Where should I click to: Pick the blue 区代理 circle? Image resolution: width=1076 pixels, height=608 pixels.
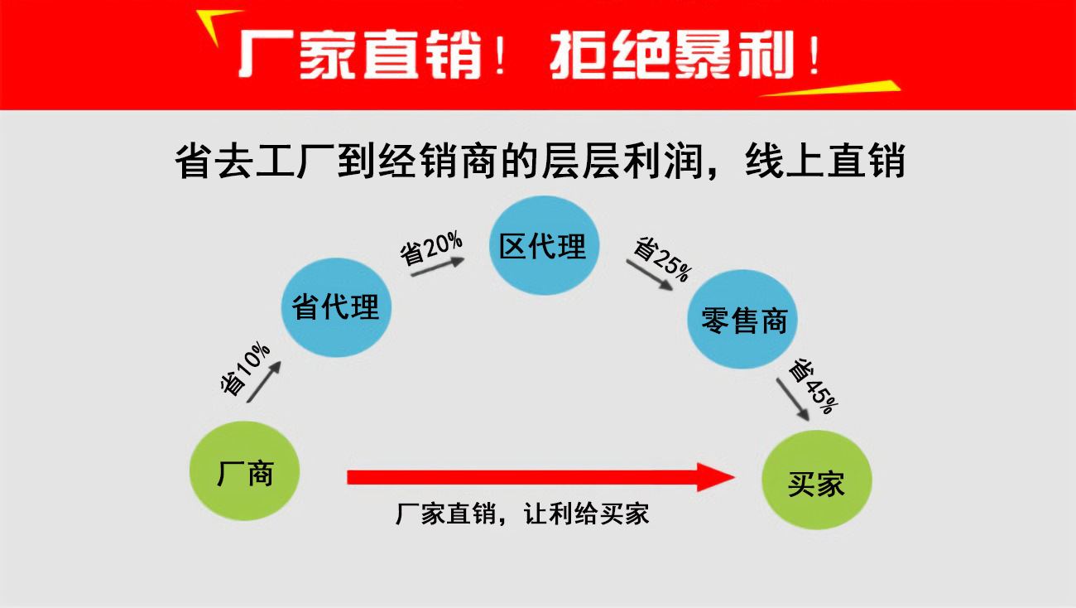[542, 245]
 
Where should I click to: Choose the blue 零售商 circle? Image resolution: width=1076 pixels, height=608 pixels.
[743, 320]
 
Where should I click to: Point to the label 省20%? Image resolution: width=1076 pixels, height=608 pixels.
[431, 246]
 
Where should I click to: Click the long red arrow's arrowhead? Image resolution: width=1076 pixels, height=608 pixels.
[717, 477]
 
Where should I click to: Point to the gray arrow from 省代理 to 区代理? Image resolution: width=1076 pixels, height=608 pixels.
[437, 266]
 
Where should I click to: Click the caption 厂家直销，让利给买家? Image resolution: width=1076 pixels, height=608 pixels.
[522, 514]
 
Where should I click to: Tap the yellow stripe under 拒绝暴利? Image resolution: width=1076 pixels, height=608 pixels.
[828, 88]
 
